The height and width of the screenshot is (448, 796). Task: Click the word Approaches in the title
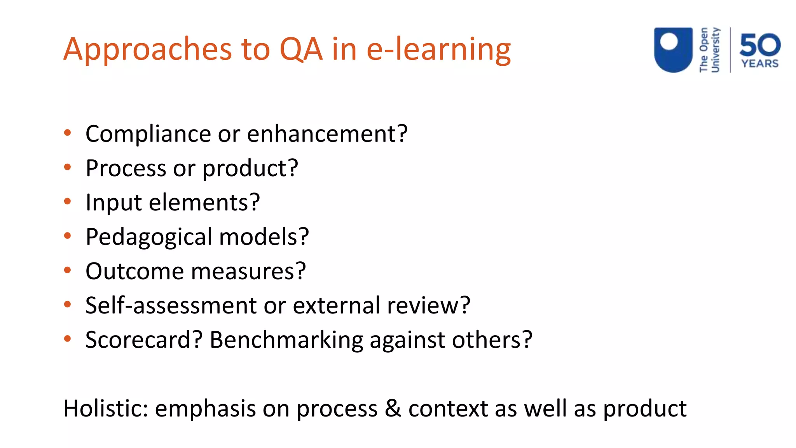[x=148, y=50]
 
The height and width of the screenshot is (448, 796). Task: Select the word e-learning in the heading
[x=438, y=50]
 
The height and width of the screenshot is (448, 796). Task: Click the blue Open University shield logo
[x=673, y=49]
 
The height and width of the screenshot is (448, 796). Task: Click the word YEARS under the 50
[x=760, y=63]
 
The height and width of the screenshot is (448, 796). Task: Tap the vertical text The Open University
[x=709, y=50]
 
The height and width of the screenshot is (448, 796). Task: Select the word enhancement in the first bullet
[x=327, y=134]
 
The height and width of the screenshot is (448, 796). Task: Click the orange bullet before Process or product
[x=68, y=167]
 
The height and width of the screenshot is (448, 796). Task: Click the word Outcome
[x=134, y=271]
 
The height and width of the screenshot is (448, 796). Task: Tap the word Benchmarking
[x=286, y=340]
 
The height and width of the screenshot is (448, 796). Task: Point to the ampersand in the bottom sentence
[x=393, y=409]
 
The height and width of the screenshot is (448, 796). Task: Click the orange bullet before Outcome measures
[x=68, y=270]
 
